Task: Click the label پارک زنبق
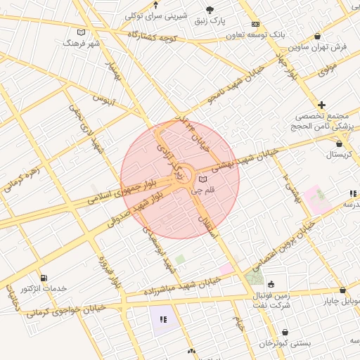(x=211, y=20)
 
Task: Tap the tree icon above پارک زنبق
(x=210, y=9)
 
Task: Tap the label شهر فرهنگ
(x=82, y=43)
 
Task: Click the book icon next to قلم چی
(x=203, y=179)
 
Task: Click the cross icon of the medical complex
(x=322, y=104)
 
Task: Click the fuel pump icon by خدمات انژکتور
(x=45, y=278)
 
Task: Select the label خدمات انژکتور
(x=44, y=289)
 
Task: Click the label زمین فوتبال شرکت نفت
(x=271, y=301)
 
